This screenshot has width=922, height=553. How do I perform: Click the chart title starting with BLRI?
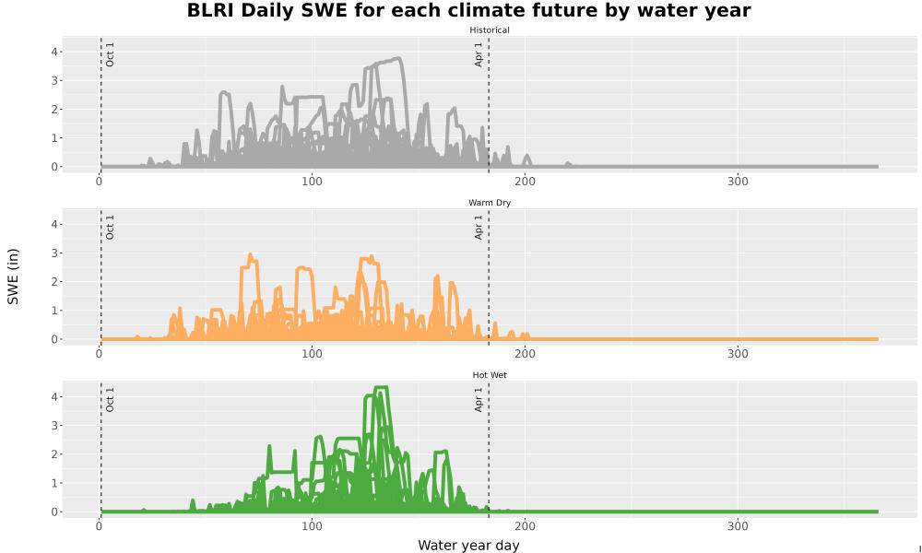click(x=468, y=10)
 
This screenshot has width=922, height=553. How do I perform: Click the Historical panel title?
click(x=490, y=30)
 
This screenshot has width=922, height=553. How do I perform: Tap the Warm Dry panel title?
click(x=490, y=203)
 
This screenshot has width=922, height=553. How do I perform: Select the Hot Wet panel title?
click(x=490, y=375)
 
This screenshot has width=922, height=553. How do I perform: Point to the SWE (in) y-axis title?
click(x=13, y=276)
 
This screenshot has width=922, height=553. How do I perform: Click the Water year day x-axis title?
click(x=468, y=546)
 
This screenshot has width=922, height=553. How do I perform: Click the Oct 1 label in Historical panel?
click(x=110, y=54)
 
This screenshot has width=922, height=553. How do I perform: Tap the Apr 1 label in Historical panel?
click(x=479, y=54)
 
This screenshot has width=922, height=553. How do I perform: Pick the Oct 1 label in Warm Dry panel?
click(x=110, y=227)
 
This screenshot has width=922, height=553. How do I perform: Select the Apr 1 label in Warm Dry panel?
click(x=479, y=227)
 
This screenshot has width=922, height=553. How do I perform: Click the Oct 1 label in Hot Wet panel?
click(x=110, y=399)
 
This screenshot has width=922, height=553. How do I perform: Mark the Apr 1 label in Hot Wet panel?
click(x=479, y=399)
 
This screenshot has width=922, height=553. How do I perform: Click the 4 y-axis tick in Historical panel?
click(x=54, y=52)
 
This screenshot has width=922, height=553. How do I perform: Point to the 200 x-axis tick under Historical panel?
click(x=525, y=182)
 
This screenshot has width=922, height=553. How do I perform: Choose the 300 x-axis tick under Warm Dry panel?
click(x=738, y=354)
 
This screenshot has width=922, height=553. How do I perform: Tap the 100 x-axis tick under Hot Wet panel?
click(x=312, y=526)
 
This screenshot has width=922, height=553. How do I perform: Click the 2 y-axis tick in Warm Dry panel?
click(x=54, y=281)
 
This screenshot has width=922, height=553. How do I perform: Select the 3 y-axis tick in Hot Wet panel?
click(x=54, y=426)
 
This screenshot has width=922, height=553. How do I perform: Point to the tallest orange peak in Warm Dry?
click(x=251, y=254)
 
